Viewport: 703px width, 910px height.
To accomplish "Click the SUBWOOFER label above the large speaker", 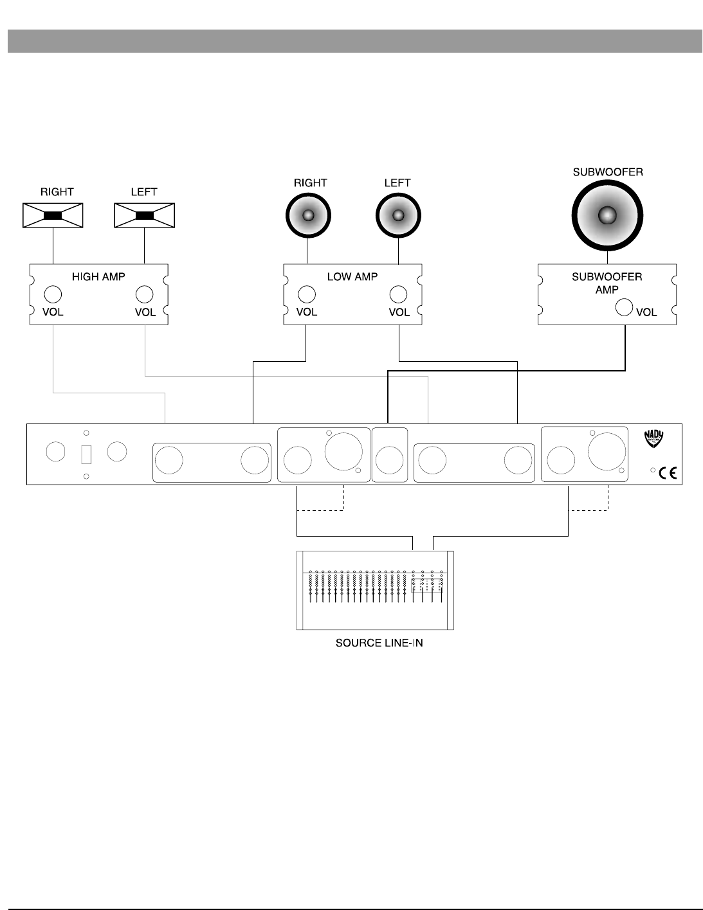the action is pyautogui.click(x=607, y=172).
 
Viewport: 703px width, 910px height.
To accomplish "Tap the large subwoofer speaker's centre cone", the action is pyautogui.click(x=607, y=216).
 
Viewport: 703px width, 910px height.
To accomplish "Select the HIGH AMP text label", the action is pyautogui.click(x=98, y=277).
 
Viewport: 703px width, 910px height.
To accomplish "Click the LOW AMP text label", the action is pyautogui.click(x=352, y=277).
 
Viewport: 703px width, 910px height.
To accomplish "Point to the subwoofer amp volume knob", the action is pyautogui.click(x=624, y=307).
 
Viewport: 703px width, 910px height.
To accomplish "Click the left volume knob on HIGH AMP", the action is pyautogui.click(x=53, y=294).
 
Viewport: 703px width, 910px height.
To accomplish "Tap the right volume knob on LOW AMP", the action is pyautogui.click(x=398, y=294).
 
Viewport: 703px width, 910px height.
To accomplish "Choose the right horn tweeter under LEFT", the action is pyautogui.click(x=145, y=215).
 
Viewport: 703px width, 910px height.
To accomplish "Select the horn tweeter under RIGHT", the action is pyautogui.click(x=53, y=215).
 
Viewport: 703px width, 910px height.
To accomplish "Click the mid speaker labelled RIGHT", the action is pyautogui.click(x=308, y=215).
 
